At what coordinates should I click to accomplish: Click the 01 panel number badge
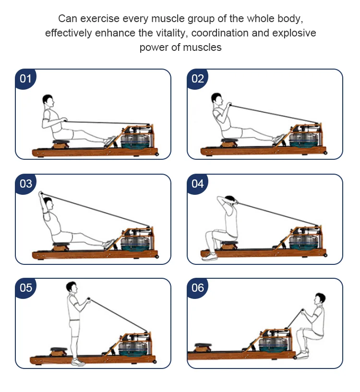tap(25, 78)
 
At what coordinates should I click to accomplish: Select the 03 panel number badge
tap(25, 183)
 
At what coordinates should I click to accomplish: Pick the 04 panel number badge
tap(197, 183)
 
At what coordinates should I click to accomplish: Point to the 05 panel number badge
tap(25, 287)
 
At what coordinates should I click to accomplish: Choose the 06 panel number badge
tap(197, 287)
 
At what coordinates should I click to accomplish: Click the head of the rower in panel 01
tap(48, 101)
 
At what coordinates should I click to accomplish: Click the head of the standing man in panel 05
tap(72, 288)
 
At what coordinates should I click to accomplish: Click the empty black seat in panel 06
tap(204, 345)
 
